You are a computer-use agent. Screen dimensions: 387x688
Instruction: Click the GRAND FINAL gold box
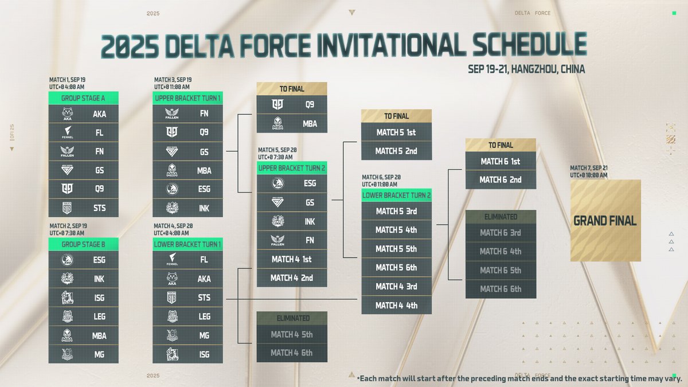click(x=605, y=221)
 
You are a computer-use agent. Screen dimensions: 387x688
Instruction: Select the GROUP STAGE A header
click(x=84, y=98)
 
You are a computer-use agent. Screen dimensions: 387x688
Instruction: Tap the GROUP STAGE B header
click(x=84, y=244)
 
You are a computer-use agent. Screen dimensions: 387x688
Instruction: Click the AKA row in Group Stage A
click(x=84, y=114)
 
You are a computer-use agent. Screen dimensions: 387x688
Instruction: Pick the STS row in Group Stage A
click(x=84, y=208)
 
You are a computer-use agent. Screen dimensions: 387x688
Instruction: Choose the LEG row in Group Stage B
click(x=84, y=316)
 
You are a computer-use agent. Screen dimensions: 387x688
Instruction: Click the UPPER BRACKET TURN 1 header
click(x=187, y=98)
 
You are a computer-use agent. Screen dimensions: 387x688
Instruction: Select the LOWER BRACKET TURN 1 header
click(x=187, y=244)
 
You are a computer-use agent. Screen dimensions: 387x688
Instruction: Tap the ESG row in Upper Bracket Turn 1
click(x=187, y=189)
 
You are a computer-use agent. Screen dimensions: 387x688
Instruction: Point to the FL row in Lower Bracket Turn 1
click(x=187, y=260)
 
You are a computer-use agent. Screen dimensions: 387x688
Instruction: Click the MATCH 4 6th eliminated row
click(x=291, y=353)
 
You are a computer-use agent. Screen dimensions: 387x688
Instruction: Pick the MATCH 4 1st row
click(x=291, y=259)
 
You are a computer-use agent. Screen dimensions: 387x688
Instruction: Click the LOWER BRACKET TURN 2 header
click(x=396, y=196)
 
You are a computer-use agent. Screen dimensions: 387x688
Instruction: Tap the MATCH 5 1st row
click(x=396, y=132)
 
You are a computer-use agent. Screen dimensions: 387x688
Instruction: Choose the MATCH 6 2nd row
click(x=501, y=179)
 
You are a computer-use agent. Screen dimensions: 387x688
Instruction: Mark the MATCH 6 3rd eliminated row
click(x=501, y=233)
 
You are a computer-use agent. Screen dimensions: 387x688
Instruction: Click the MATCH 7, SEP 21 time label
click(x=591, y=171)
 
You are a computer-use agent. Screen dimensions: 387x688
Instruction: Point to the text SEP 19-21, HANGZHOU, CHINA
click(x=526, y=69)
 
